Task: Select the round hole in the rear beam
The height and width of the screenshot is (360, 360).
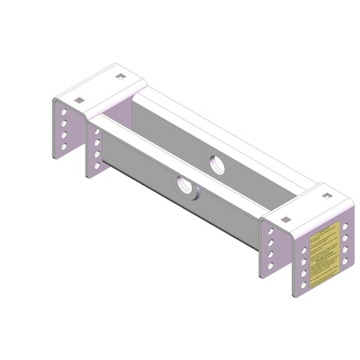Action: point(217,164)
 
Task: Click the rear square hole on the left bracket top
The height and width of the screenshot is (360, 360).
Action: point(120,77)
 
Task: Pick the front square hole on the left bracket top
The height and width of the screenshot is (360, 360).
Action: point(79,100)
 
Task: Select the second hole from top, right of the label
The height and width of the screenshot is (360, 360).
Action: point(345,238)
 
